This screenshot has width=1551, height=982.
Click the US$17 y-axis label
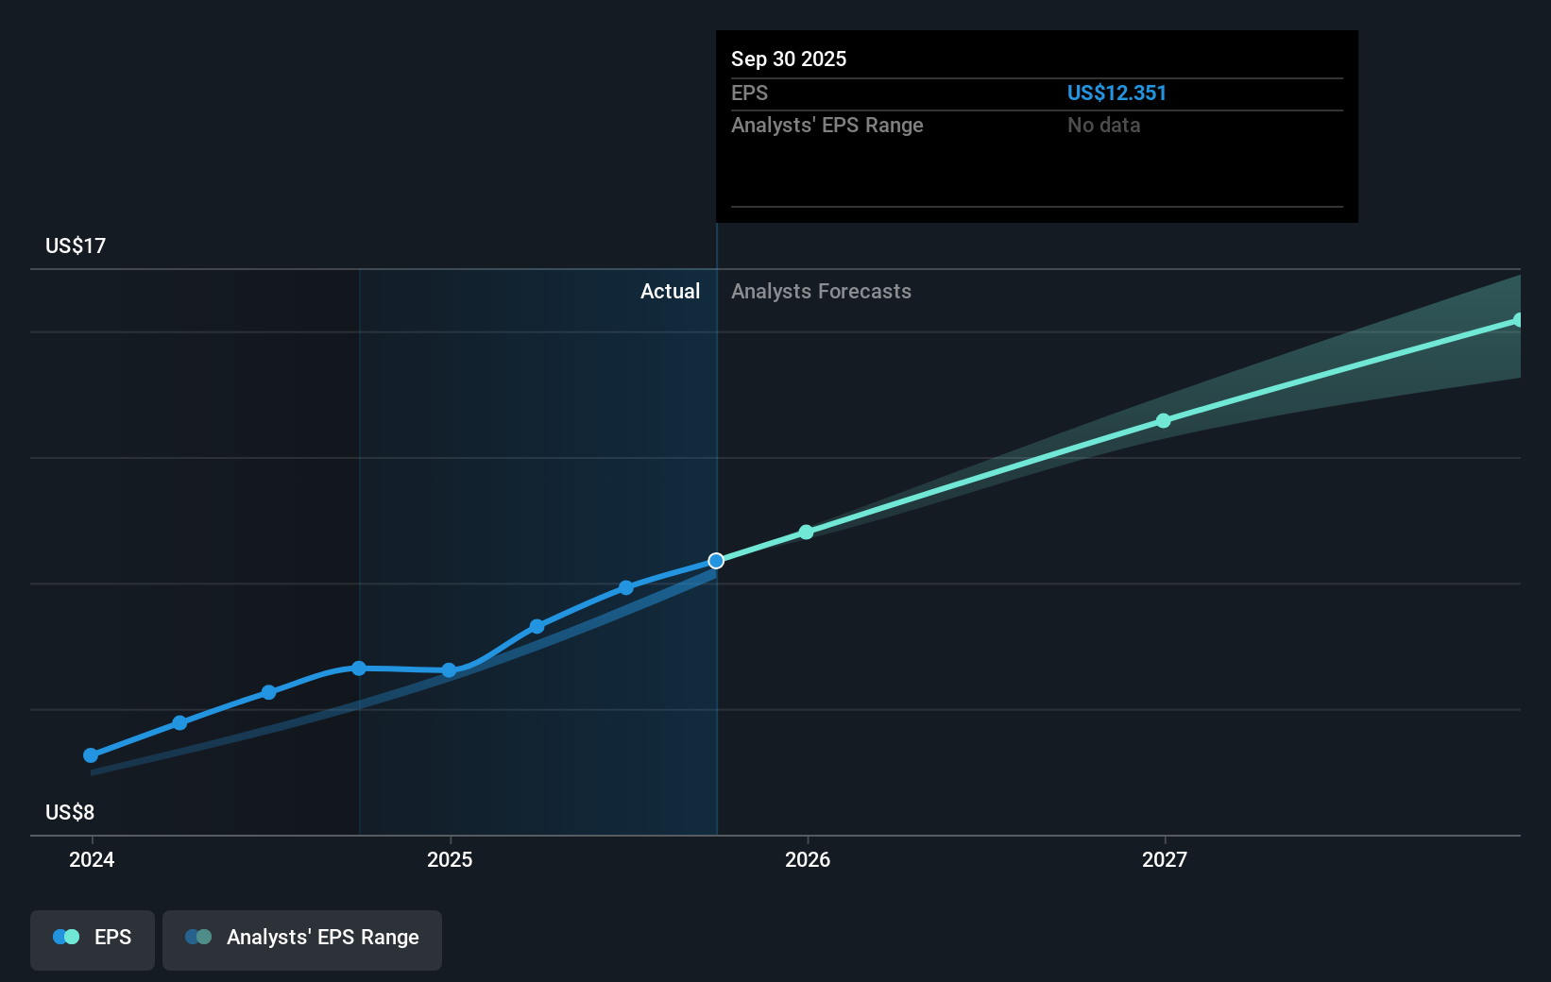76,246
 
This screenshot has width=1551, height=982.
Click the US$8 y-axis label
70,813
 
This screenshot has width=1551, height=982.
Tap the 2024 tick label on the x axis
92,859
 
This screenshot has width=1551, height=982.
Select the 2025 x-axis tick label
450,859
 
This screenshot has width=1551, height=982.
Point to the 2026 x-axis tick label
808,859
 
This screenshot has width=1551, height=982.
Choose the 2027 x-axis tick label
1165,859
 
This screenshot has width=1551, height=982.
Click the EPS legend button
93,939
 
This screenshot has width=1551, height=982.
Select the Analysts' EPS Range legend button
302,939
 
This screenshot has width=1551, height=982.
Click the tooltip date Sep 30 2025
789,59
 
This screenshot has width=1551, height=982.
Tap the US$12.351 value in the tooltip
1116,93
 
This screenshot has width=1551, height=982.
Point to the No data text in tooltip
1103,126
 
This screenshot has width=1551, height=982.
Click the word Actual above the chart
670,292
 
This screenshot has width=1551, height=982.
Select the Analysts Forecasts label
821,292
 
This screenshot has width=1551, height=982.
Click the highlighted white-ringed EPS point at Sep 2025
716,561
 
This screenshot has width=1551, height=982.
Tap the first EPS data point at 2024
91,755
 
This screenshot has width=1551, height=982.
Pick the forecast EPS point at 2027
1164,421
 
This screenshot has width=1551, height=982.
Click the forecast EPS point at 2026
806,533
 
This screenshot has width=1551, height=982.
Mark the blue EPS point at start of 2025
449,670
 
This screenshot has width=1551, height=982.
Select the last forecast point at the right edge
1518,320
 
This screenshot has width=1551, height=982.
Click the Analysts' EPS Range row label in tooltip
827,126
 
